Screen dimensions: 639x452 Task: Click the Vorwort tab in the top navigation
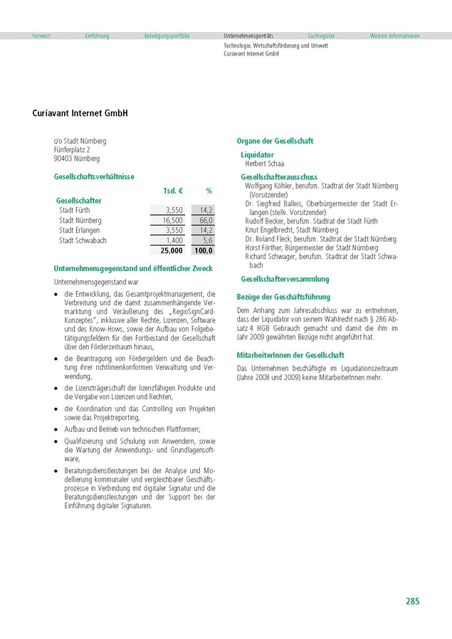tap(41, 36)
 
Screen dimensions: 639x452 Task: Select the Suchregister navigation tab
tap(321, 36)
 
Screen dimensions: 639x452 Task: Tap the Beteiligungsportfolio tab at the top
tap(167, 36)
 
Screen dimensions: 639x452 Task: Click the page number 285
tap(412, 601)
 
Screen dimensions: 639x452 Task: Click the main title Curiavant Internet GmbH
tap(80, 112)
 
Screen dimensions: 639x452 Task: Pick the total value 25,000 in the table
tap(172, 250)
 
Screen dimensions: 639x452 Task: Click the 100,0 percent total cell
tap(203, 250)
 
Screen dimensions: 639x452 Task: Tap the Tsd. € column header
tap(174, 191)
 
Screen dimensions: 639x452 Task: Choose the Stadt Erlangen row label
tap(79, 231)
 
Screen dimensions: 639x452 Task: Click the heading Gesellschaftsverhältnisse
tap(94, 176)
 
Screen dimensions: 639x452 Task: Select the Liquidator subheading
tap(257, 154)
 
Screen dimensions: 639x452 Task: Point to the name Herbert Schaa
tap(264, 164)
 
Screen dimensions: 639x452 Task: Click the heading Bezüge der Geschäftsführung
tap(283, 297)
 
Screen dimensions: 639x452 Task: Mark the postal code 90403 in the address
tap(63, 159)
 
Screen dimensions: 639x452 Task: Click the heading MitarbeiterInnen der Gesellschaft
tap(290, 354)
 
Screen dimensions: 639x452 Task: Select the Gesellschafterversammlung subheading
tap(285, 280)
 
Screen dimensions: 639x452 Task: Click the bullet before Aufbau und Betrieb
tap(56, 430)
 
